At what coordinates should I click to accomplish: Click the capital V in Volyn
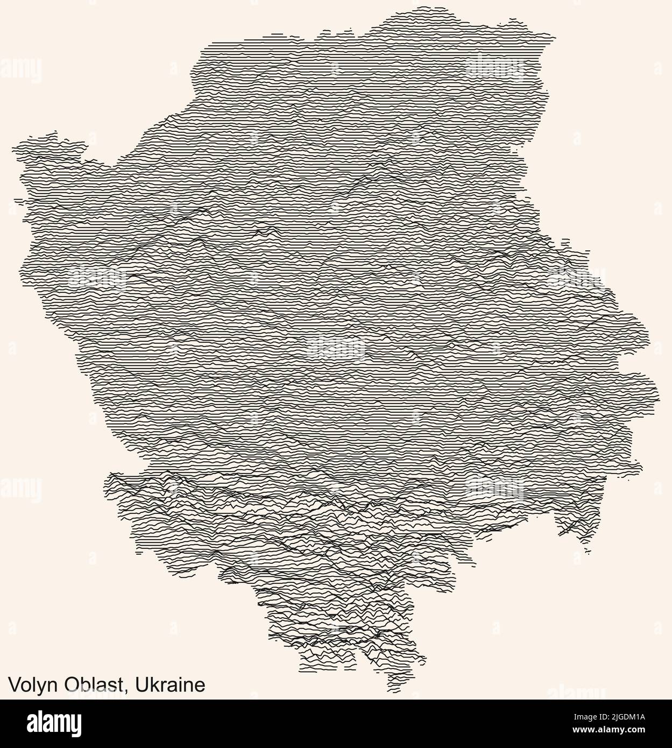[x=13, y=685]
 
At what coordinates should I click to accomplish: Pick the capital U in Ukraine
[x=141, y=685]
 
